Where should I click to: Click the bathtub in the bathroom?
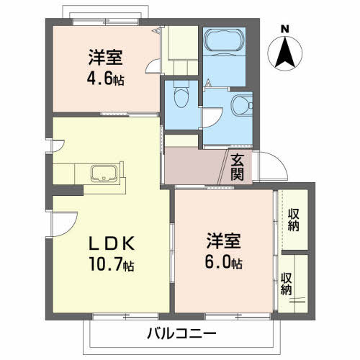click(x=225, y=40)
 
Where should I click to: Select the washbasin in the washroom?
click(x=242, y=105)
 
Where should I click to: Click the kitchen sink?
click(x=104, y=174)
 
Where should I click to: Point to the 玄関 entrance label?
click(x=238, y=167)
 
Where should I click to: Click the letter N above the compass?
click(x=285, y=30)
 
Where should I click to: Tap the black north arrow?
click(x=285, y=52)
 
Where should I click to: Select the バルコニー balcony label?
click(x=181, y=333)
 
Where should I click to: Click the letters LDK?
click(x=112, y=243)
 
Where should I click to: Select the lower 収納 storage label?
click(x=287, y=284)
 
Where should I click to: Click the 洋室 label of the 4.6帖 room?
click(x=106, y=57)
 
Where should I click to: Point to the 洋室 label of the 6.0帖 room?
click(x=223, y=240)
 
